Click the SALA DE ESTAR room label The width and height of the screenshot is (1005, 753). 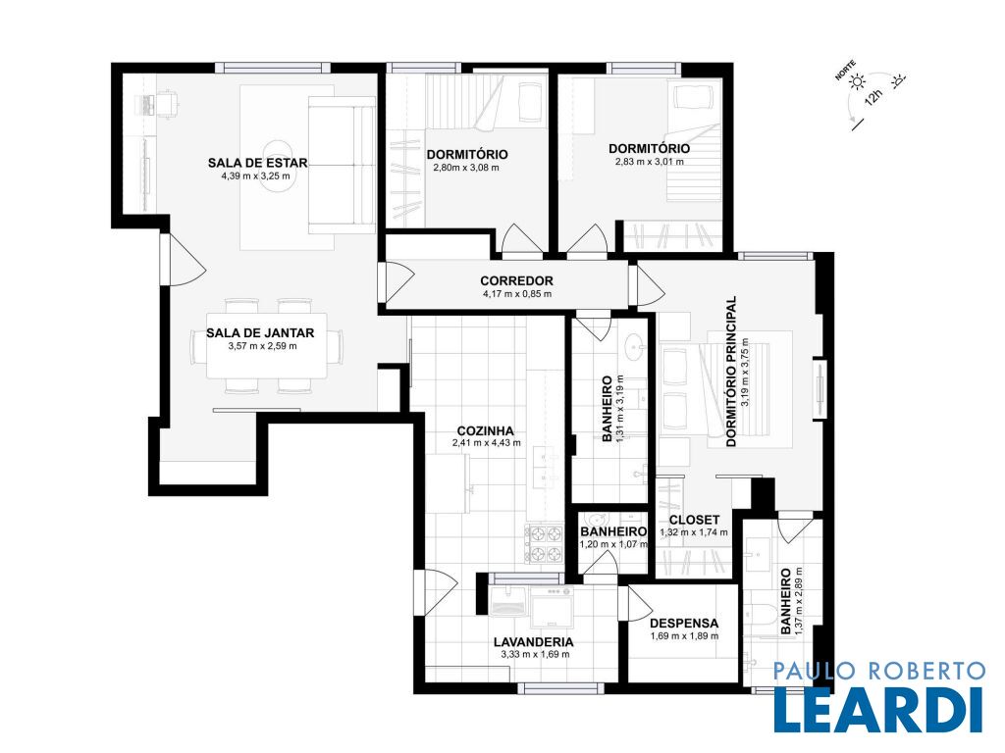click(258, 163)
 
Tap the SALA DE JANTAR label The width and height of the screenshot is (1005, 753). click(260, 333)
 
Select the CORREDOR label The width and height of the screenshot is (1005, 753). click(516, 280)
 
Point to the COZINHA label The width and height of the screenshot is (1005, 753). click(485, 431)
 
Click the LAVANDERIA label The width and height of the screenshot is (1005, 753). click(533, 642)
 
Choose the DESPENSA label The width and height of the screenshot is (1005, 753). click(684, 623)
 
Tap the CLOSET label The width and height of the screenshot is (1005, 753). click(694, 520)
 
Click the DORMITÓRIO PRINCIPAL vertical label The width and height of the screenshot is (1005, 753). click(730, 371)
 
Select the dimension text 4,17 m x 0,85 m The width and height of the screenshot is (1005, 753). click(516, 294)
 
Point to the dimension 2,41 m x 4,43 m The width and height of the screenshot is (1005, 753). click(487, 442)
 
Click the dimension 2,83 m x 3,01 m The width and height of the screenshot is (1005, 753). click(650, 162)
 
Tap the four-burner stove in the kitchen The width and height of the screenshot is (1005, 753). click(544, 544)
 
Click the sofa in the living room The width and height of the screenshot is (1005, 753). click(342, 165)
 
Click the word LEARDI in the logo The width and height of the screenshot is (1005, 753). click(878, 710)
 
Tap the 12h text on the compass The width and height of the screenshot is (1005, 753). click(873, 97)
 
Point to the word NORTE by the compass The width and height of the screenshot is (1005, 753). click(845, 71)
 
